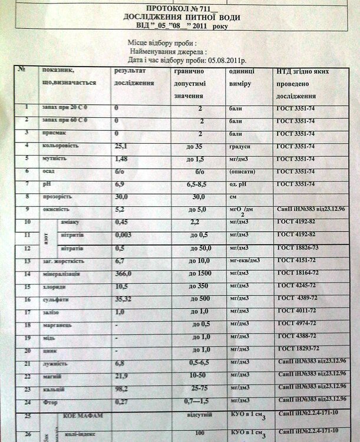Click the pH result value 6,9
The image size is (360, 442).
click(120, 184)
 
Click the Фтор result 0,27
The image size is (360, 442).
click(121, 402)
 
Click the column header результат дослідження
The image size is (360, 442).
click(134, 77)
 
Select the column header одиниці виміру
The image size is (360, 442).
click(242, 77)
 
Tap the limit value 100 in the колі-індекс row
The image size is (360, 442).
click(201, 433)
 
